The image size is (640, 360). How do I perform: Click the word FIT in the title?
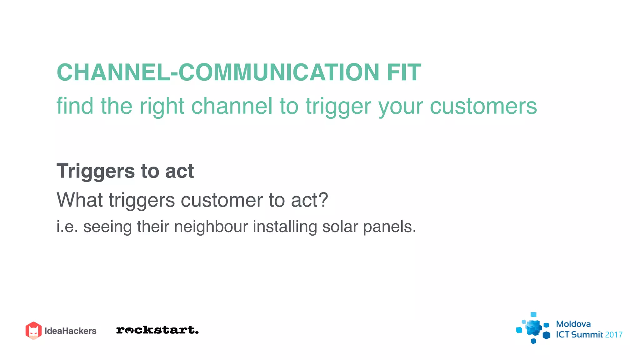click(404, 72)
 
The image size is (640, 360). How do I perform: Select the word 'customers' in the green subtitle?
click(483, 106)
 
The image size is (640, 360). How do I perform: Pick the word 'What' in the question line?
click(79, 200)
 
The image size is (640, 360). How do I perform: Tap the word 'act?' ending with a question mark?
click(309, 200)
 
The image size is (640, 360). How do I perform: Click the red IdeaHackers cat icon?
click(33, 330)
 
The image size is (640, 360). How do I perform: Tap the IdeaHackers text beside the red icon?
click(70, 331)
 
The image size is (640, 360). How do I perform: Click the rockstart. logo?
click(157, 330)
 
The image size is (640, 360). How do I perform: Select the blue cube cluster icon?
click(533, 328)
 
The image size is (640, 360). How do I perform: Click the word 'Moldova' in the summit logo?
click(573, 324)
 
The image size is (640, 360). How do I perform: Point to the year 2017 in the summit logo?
click(613, 335)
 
